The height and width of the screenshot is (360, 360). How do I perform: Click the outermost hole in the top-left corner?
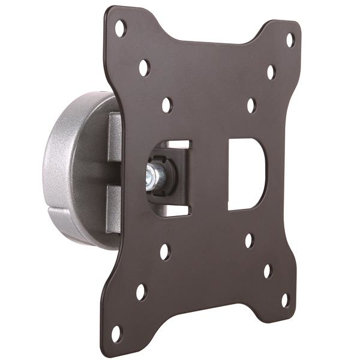click(x=121, y=28)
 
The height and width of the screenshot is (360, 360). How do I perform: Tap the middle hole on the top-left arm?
click(x=144, y=67)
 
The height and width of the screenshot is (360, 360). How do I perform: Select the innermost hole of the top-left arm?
click(x=167, y=105)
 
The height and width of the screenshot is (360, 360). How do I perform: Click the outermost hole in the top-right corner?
click(x=290, y=40)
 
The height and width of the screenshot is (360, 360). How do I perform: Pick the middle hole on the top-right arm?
click(x=271, y=73)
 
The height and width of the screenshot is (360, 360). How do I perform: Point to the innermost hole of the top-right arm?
click(x=251, y=105)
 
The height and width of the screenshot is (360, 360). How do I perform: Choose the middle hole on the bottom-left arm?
click(x=141, y=292)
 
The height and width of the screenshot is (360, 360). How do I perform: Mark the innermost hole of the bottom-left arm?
click(x=164, y=252)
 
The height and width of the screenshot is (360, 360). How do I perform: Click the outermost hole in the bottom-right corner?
click(x=286, y=299)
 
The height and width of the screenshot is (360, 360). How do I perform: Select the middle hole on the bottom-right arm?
click(x=268, y=271)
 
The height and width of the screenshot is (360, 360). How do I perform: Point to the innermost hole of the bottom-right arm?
click(x=249, y=241)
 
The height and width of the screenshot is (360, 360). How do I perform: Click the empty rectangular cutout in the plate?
click(x=246, y=174)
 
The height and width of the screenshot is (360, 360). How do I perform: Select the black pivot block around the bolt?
click(x=168, y=175)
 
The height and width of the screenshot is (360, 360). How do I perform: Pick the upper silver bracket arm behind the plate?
click(x=115, y=138)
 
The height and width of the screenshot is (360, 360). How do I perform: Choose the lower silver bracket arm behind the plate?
click(x=114, y=207)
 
